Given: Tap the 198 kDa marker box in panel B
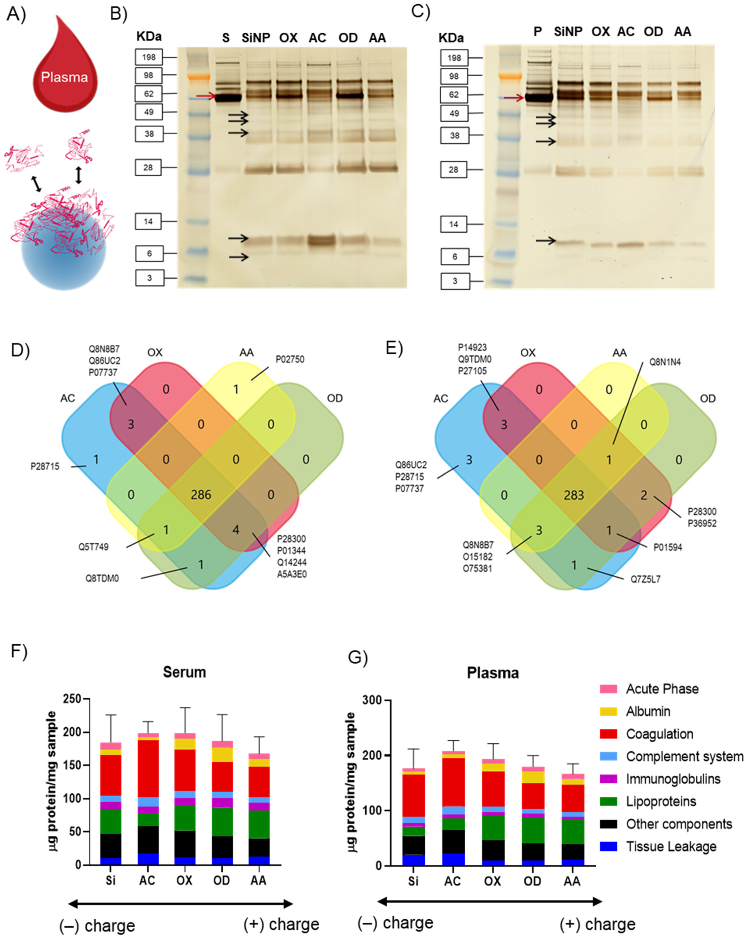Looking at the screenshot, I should point(148,57).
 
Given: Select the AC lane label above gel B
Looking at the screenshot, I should point(317,38).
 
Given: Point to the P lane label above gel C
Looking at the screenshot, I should point(538,32).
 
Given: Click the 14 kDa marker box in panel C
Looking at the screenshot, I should point(454,224).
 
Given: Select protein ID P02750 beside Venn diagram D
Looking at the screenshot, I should point(290,360).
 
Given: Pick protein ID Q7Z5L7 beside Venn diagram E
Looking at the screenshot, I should point(645,579).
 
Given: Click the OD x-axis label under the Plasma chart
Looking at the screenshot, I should point(532,881).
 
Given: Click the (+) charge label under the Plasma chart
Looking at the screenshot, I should point(597,924).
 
